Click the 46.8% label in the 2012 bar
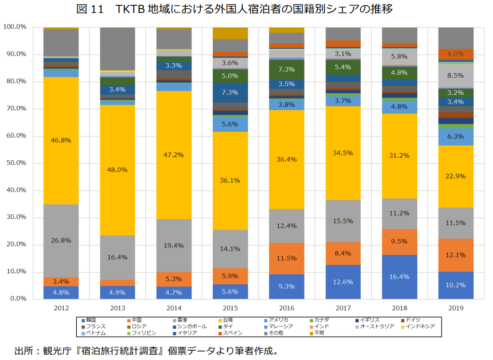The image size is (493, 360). (61, 140)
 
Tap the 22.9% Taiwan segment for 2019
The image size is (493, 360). (455, 176)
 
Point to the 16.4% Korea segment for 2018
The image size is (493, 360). (399, 277)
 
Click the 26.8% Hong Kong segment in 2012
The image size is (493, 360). (61, 240)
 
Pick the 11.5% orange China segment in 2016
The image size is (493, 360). (286, 258)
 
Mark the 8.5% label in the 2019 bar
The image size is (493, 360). (455, 76)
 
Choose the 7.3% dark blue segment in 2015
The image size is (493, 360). (230, 92)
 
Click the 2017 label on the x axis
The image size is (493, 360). (343, 308)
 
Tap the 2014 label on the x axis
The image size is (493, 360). (174, 308)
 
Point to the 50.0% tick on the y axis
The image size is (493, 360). (15, 163)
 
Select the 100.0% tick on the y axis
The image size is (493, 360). (14, 27)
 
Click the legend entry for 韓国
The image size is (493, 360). (90, 320)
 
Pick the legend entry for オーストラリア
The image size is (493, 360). (374, 326)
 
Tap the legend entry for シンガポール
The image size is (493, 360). (191, 326)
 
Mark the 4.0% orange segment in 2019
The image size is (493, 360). (455, 54)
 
